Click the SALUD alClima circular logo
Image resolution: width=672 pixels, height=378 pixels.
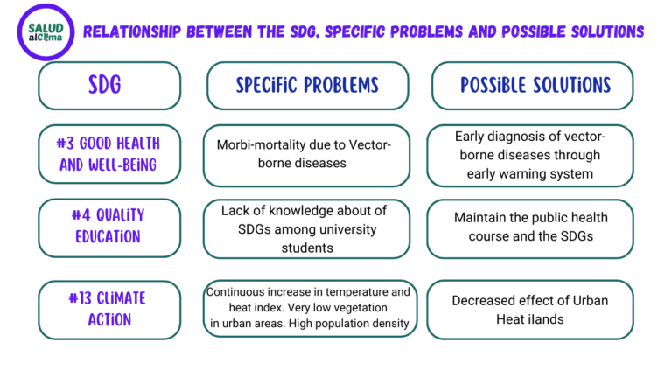pyautogui.click(x=45, y=32)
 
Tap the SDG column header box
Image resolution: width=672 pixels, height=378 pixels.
pyautogui.click(x=109, y=85)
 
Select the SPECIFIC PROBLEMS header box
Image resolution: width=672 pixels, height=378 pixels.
pyautogui.click(x=308, y=85)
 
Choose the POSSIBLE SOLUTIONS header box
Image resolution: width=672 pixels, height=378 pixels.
pyautogui.click(x=532, y=85)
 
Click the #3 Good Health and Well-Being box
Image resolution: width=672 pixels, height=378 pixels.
pyautogui.click(x=109, y=154)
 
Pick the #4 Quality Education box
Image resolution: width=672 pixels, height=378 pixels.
pyautogui.click(x=109, y=227)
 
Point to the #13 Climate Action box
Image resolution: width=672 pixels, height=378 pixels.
pyautogui.click(x=109, y=311)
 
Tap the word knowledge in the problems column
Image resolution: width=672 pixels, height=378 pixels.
pyautogui.click(x=295, y=210)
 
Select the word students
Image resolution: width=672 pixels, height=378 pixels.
pyautogui.click(x=307, y=248)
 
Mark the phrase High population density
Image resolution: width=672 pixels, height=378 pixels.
pyautogui.click(x=349, y=323)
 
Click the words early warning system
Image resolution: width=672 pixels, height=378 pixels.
pyautogui.click(x=530, y=173)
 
